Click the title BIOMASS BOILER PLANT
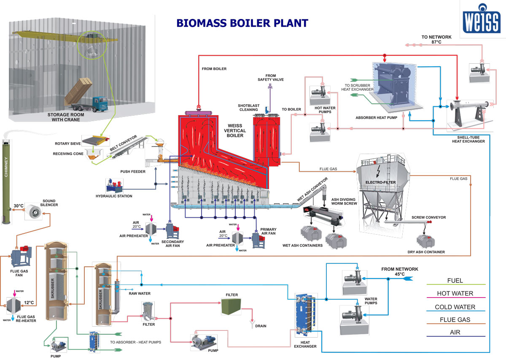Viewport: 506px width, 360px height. pyautogui.click(x=242, y=23)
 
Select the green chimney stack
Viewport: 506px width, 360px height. pyautogui.click(x=8, y=181)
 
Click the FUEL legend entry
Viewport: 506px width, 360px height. pyautogui.click(x=455, y=280)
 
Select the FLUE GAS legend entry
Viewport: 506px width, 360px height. pyautogui.click(x=455, y=319)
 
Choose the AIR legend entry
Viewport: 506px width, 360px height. pyautogui.click(x=455, y=333)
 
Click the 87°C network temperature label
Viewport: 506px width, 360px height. pyautogui.click(x=436, y=42)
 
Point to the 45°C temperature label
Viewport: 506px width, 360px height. pyautogui.click(x=399, y=274)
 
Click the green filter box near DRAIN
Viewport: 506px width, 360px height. pyautogui.click(x=231, y=306)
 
